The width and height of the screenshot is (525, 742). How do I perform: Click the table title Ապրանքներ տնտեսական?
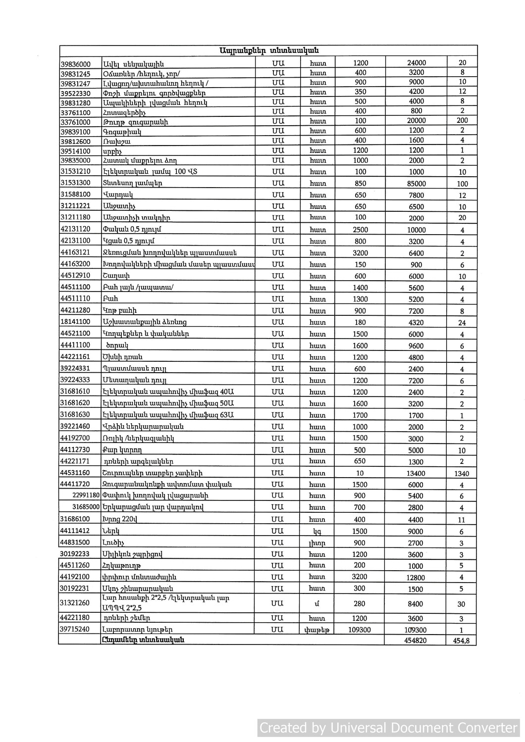pyautogui.click(x=268, y=50)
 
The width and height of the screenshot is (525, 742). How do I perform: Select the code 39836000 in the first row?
pyautogui.click(x=75, y=64)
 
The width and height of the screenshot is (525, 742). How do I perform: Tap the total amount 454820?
pyautogui.click(x=416, y=640)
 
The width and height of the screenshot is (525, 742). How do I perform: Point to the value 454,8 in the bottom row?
pyautogui.click(x=461, y=640)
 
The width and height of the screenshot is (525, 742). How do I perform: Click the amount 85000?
pyautogui.click(x=416, y=184)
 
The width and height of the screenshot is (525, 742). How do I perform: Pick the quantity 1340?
pyautogui.click(x=461, y=473)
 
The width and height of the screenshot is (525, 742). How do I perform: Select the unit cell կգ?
pyautogui.click(x=317, y=531)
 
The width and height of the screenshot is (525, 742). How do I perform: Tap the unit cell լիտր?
pyautogui.click(x=317, y=543)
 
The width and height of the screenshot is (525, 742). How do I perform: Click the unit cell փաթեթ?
pyautogui.click(x=317, y=630)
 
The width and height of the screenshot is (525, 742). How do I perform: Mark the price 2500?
pyautogui.click(x=360, y=230)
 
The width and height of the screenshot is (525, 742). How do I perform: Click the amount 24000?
pyautogui.click(x=416, y=63)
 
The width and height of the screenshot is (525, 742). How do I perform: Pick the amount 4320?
pyautogui.click(x=416, y=322)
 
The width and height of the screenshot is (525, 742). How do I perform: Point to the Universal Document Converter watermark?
pyautogui.click(x=388, y=728)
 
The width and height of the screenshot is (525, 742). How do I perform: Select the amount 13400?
pyautogui.click(x=416, y=473)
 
